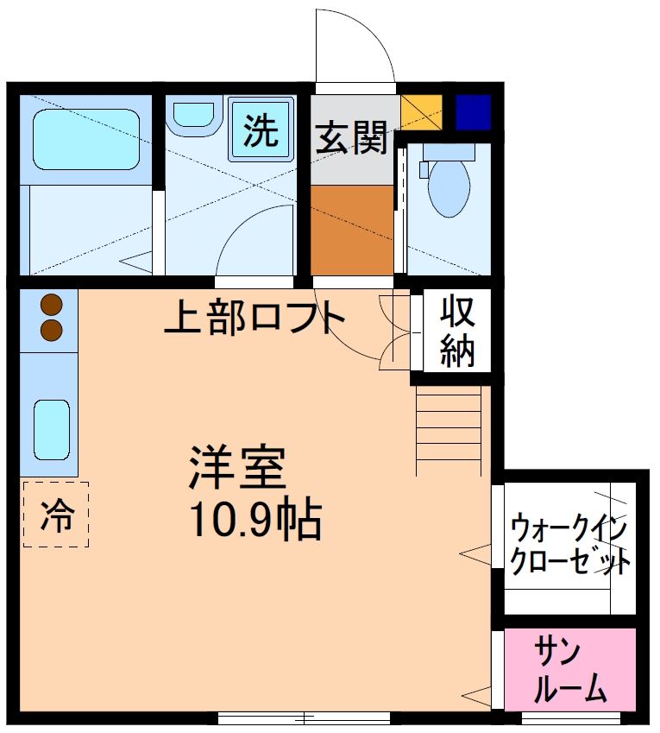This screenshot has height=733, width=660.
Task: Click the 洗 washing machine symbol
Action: click(x=260, y=132)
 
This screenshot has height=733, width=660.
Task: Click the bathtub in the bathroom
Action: click(x=85, y=138)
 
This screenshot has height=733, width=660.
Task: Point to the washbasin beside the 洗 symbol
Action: click(x=191, y=117)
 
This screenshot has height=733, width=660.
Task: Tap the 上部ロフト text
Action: click(x=255, y=319)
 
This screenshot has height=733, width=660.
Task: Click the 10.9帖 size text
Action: click(x=255, y=520)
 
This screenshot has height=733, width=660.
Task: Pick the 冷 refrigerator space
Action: click(x=56, y=515)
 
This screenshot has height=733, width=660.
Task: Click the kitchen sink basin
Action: click(x=51, y=429)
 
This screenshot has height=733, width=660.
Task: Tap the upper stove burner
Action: click(x=52, y=305)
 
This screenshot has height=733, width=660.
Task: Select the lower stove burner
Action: click(x=52, y=330)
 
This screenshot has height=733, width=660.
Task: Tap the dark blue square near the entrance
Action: click(x=473, y=112)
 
